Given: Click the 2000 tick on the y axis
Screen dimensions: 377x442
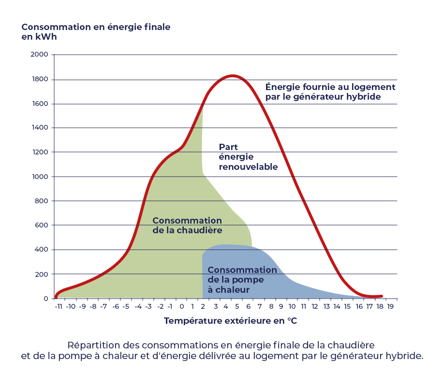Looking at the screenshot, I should [40, 55].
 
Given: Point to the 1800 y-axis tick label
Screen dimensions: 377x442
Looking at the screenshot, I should [40, 79].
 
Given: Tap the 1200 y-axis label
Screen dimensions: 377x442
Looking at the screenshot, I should [40, 152].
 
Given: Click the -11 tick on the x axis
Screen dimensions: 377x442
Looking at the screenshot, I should [59, 306].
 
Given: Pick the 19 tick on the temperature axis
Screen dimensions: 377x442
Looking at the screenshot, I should [390, 306].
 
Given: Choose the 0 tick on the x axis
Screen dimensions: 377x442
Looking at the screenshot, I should [182, 306].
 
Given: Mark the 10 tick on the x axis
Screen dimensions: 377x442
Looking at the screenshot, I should [292, 306].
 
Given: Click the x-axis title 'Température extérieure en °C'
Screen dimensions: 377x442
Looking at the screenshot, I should [230, 321].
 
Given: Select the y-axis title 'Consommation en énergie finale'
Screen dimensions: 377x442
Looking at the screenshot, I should [96, 27].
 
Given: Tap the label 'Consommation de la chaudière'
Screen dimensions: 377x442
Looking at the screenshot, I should [187, 226].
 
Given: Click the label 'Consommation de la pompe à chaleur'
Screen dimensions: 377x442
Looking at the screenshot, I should [242, 280].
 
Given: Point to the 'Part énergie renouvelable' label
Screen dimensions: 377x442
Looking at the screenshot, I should [248, 157].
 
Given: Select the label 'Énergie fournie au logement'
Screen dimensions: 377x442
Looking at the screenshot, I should [330, 88].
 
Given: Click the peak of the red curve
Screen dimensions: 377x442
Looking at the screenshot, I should [233, 75].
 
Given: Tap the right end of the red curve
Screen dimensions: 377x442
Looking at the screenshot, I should [382, 296].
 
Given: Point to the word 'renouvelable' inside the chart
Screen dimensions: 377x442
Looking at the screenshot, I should [248, 167].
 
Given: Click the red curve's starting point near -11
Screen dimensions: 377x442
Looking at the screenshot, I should [56, 297].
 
